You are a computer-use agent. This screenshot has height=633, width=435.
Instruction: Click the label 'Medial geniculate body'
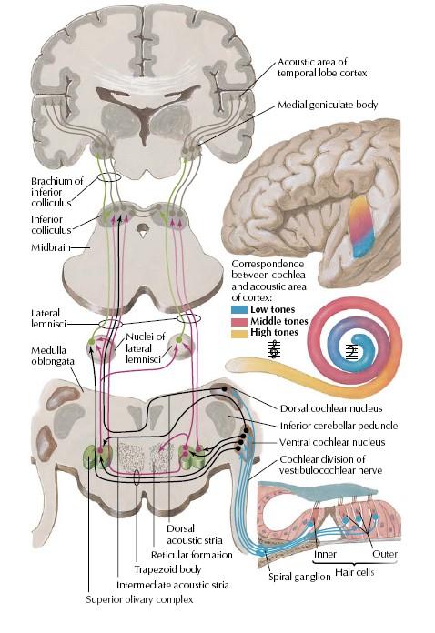tap(328, 105)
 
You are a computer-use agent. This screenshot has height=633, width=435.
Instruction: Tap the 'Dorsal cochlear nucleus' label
tap(331, 408)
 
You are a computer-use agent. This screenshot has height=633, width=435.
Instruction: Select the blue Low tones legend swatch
tap(239, 310)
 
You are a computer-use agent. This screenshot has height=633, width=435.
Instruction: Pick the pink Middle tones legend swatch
tap(239, 322)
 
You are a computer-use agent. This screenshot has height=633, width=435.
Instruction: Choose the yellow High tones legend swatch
tap(239, 334)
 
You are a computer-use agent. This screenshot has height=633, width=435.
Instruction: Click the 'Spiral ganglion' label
tap(299, 577)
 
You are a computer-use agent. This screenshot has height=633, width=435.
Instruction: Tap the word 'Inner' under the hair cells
tap(325, 554)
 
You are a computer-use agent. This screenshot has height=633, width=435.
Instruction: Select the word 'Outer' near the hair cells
tap(385, 554)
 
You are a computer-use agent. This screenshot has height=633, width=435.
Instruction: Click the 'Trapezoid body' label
tap(167, 569)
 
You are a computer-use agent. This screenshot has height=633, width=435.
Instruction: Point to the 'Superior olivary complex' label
tap(139, 599)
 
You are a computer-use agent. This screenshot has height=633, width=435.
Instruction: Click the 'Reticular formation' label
tap(192, 555)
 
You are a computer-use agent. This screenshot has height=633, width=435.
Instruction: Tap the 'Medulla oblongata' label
tap(53, 356)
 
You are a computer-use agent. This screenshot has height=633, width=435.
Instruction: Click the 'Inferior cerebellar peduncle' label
tap(339, 426)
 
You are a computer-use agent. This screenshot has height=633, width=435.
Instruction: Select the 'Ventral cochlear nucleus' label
tap(332, 442)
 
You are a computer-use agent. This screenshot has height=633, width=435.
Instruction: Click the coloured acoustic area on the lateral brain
tap(362, 226)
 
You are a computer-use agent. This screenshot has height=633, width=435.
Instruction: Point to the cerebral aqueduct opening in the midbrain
tap(142, 231)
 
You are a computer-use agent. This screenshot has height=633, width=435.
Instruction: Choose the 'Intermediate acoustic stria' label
tap(173, 585)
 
